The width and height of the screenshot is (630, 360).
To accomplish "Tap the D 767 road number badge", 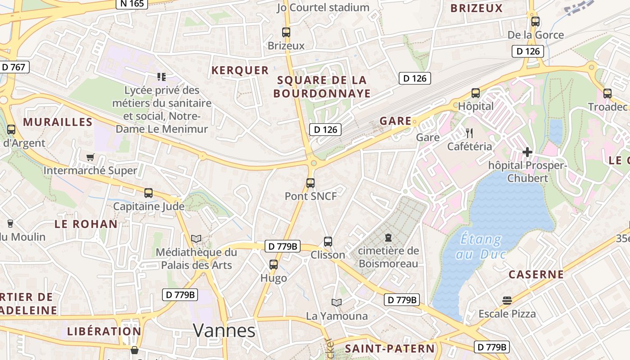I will [x=13, y=67].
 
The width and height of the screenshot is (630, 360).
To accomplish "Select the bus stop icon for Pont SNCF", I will [x=310, y=183].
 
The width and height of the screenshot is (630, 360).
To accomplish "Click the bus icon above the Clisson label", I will [x=328, y=242].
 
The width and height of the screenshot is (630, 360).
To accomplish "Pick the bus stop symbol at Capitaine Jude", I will [x=148, y=193].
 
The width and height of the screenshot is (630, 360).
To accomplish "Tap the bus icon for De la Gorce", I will [x=535, y=22].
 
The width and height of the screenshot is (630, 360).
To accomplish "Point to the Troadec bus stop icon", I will [x=607, y=94].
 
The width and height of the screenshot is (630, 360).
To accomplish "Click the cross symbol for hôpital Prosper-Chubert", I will [x=527, y=152].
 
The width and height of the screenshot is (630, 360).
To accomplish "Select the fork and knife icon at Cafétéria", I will [x=469, y=133].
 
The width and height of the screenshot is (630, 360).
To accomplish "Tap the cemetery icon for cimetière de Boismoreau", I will [x=388, y=238].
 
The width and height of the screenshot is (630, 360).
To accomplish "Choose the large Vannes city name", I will [x=224, y=331].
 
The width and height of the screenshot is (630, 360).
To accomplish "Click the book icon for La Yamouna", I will [x=337, y=302].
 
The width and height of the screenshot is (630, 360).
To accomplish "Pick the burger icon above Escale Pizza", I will [x=507, y=300].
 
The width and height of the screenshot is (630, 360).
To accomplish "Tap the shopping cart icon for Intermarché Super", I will [x=90, y=157].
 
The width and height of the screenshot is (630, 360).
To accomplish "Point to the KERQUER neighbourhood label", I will [x=240, y=70].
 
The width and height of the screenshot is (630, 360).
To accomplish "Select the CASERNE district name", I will [x=536, y=274].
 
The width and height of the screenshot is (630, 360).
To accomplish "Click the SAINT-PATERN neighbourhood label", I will [x=390, y=349].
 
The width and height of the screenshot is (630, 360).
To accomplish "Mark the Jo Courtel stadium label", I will [x=323, y=8].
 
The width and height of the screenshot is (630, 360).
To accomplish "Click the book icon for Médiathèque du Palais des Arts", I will [x=196, y=238].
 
